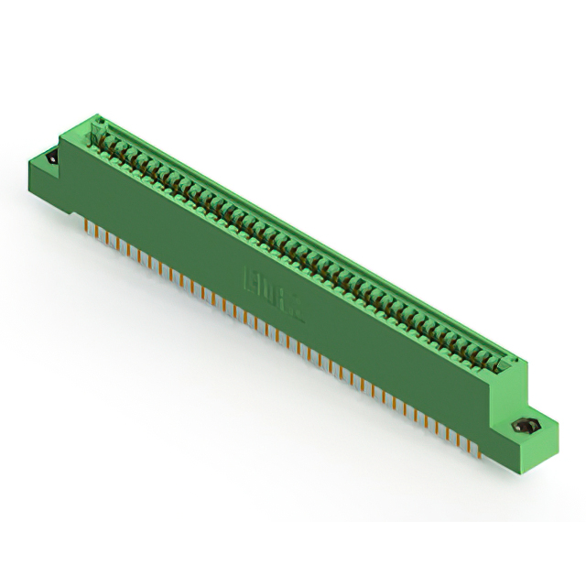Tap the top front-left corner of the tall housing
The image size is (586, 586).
61,137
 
